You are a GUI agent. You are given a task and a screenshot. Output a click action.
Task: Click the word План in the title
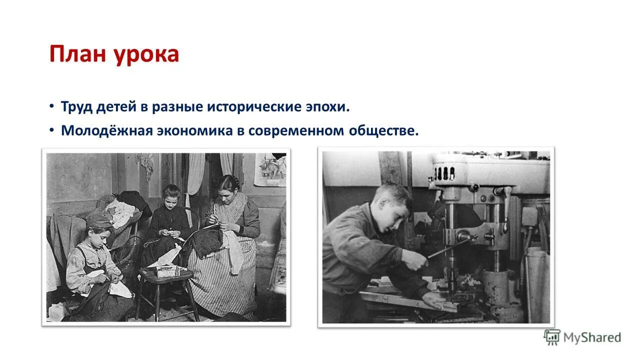[77, 54]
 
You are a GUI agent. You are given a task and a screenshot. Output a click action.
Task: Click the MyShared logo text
[592, 337]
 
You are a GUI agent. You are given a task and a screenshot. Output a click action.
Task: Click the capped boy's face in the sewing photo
[100, 233]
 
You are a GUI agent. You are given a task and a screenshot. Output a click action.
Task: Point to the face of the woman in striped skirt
[228, 189]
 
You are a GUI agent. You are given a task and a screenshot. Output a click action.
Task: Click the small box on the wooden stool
[166, 270]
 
